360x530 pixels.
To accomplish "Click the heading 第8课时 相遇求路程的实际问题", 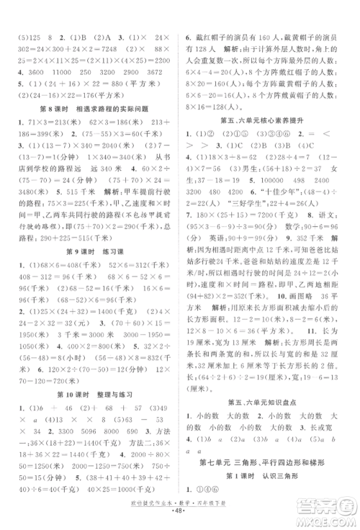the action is [x=92, y=109].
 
